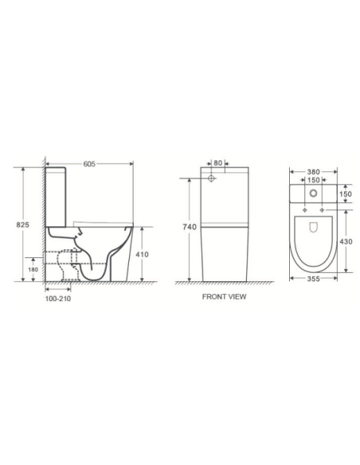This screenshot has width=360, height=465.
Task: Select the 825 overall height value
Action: tap(23, 226)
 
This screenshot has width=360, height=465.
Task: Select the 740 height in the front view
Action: tap(190, 227)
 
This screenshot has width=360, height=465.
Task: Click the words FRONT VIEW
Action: tap(225, 297)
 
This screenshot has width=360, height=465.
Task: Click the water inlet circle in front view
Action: tap(212, 181)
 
